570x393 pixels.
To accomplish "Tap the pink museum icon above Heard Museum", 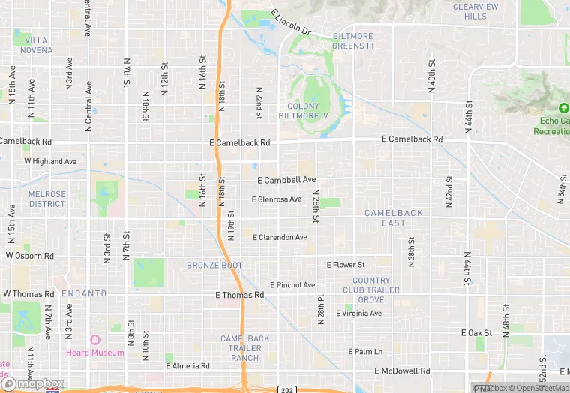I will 94,341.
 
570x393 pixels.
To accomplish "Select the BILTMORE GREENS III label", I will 342,40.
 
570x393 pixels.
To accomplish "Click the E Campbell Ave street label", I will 286,181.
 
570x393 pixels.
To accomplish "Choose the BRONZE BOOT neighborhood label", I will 214,265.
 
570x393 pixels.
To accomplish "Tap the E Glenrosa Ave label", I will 276,199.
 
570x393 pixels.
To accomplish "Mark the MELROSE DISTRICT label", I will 47,199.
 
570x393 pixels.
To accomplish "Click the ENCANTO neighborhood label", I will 84,293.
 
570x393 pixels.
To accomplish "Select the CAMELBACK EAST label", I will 394,218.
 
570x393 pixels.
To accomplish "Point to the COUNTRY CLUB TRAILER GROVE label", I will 371,289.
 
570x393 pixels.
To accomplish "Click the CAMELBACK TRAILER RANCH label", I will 245,348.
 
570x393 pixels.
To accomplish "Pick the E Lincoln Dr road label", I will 291,22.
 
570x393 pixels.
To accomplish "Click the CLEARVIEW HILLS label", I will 475,11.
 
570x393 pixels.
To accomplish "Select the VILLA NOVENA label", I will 39,45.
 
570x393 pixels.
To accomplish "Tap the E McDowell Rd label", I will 402,371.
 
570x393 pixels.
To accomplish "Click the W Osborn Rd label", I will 30,256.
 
